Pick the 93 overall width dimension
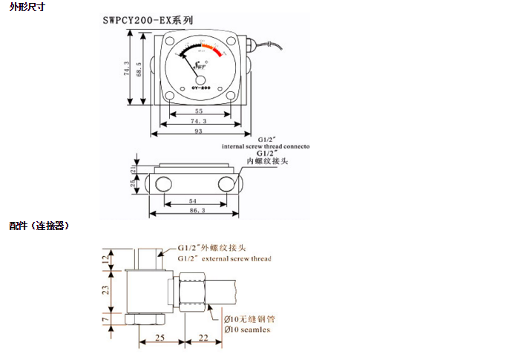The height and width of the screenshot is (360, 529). coord(198,131)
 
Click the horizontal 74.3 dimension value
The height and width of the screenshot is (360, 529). coord(198,120)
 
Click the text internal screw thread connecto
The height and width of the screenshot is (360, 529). coord(265,146)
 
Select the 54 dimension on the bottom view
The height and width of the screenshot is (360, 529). coord(193,201)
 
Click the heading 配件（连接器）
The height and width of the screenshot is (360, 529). coord(39,226)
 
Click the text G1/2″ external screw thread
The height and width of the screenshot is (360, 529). coord(225,258)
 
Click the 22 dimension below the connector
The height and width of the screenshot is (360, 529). coord(204,337)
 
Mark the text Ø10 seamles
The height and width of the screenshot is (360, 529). coord(247,330)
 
